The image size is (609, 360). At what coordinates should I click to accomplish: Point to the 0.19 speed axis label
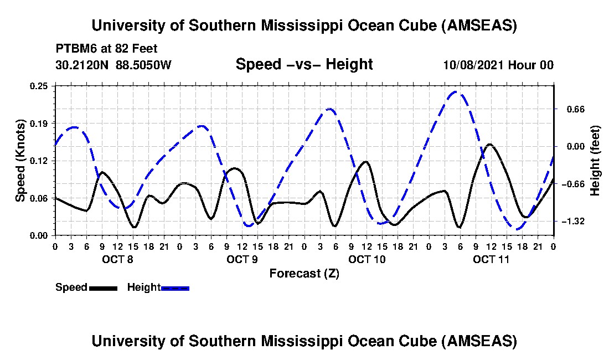pos(41,123)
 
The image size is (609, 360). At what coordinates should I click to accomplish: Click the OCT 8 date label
pos(117,259)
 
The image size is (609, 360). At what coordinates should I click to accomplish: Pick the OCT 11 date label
pos(492,259)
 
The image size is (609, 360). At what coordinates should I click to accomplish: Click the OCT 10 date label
pos(367,259)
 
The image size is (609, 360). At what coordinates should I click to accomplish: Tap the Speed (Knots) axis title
pos(20,160)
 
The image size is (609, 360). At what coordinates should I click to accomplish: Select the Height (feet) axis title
pos(595,161)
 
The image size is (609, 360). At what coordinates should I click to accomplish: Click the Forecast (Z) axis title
pos(304,273)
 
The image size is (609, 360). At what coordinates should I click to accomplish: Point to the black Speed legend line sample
pos(102,287)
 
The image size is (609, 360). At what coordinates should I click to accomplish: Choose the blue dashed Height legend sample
pos(175,287)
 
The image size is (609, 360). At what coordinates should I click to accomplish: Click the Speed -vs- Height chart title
pos(304,64)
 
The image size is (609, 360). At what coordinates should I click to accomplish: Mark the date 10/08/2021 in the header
pos(474,65)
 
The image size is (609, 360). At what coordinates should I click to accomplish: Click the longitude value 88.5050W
pos(144,65)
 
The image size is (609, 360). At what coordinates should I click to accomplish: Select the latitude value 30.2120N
pos(82,65)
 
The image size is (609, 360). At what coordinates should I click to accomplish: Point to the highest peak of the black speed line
pos(489,144)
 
